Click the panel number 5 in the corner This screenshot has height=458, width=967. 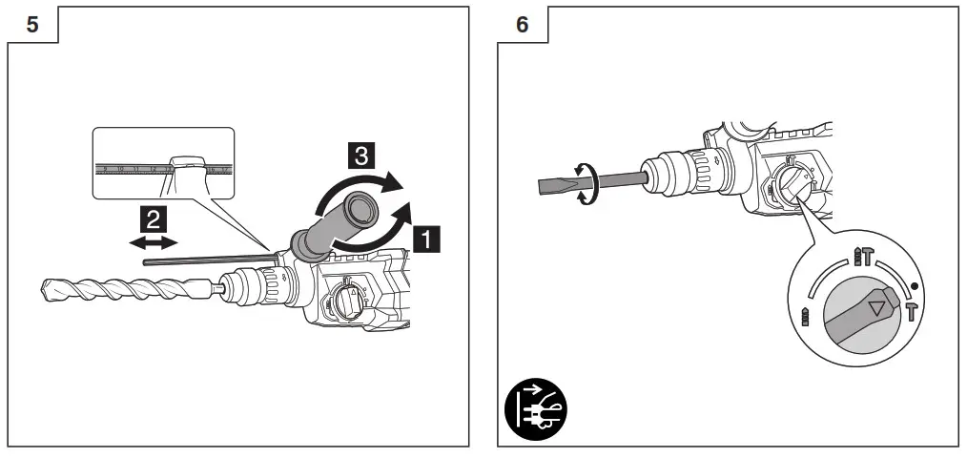point(32,25)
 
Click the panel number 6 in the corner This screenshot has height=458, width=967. point(522,25)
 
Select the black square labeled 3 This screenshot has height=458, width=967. point(360,155)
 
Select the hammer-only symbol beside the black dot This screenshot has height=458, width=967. point(913,312)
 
